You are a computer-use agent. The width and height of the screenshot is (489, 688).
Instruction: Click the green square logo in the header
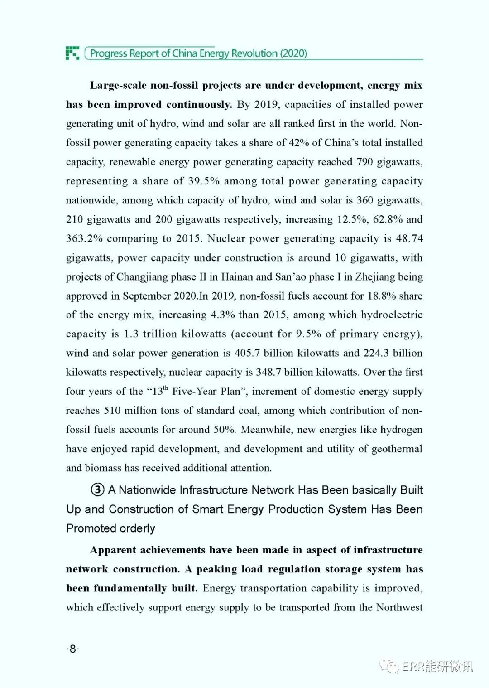pos(72,53)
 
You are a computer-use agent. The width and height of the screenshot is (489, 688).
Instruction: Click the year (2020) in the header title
pos(293,53)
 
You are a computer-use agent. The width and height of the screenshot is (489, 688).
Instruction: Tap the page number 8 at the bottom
pos(72,649)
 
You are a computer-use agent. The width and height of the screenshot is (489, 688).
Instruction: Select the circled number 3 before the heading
pos(97,490)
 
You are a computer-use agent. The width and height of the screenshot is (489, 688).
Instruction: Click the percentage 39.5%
pos(204,181)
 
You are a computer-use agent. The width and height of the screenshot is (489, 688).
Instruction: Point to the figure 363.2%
pos(84,239)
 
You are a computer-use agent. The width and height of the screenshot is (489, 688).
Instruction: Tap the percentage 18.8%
pos(382,296)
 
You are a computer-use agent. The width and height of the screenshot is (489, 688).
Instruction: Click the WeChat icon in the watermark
pos(389,666)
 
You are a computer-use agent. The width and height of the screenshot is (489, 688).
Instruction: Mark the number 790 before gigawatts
pos(364,162)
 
